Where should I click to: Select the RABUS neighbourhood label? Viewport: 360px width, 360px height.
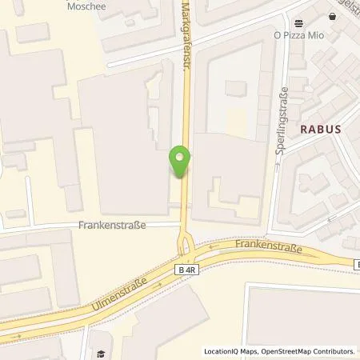tap(320, 128)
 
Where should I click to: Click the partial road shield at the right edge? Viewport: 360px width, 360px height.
tap(357, 263)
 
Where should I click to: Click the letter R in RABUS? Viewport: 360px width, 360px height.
tap(303, 128)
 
